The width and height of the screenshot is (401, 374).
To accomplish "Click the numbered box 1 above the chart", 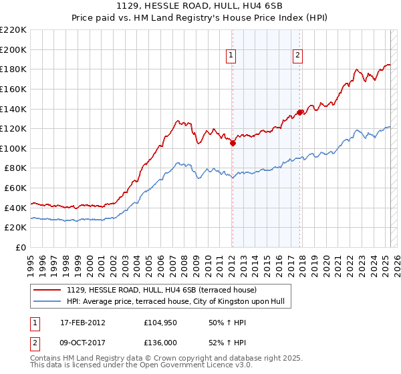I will coord(231,56).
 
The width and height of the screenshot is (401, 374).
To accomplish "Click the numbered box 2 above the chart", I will coord(297,56).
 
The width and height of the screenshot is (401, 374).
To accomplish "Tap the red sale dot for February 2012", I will coord(233,143).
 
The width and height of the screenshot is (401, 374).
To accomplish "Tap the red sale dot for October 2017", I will coord(300,112).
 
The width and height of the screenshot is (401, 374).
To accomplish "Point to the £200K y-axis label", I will coord(13,49).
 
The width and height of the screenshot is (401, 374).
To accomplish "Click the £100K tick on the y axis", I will coord(13,148).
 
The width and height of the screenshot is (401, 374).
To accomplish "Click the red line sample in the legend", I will coord(48,290).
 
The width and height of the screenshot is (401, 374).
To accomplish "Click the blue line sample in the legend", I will coord(48,302).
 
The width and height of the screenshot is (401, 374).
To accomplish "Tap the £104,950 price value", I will coord(160,322).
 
